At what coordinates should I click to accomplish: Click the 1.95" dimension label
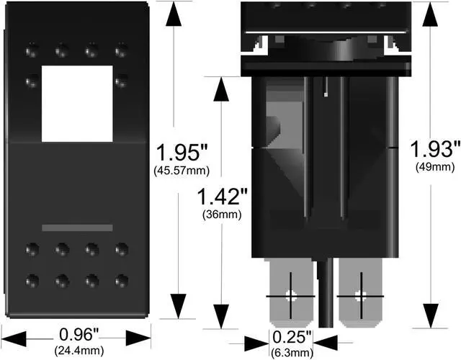pos(182,152)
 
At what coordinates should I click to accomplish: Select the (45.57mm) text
pos(182,171)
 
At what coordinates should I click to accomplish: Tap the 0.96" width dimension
pos(79,335)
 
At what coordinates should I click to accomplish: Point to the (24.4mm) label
pos(79,351)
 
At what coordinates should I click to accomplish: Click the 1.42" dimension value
pos(223,197)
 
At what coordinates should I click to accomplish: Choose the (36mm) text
pos(222,215)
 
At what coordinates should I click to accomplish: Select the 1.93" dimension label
pos(434,149)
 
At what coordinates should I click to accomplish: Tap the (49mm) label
pos(435,167)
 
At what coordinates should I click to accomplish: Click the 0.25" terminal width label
pos(292,337)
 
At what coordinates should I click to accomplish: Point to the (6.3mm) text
pos(292,352)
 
